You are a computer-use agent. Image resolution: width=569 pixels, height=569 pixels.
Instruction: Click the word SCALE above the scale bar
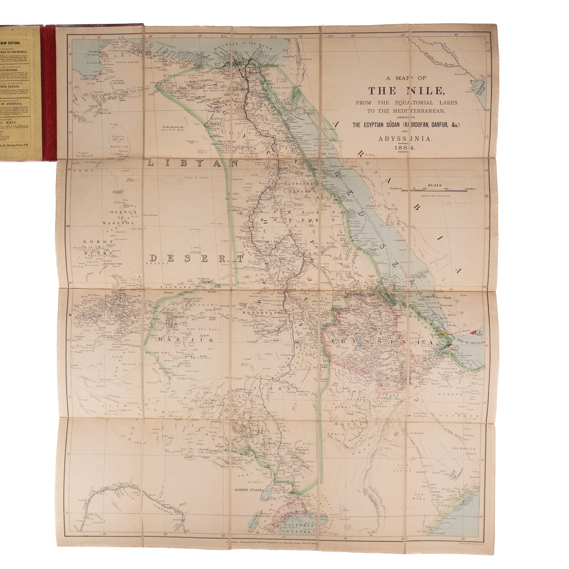click(436, 185)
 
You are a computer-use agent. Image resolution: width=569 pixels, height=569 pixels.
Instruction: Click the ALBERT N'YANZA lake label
click(247, 489)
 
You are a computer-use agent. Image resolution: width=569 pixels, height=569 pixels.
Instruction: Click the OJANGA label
click(122, 212)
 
